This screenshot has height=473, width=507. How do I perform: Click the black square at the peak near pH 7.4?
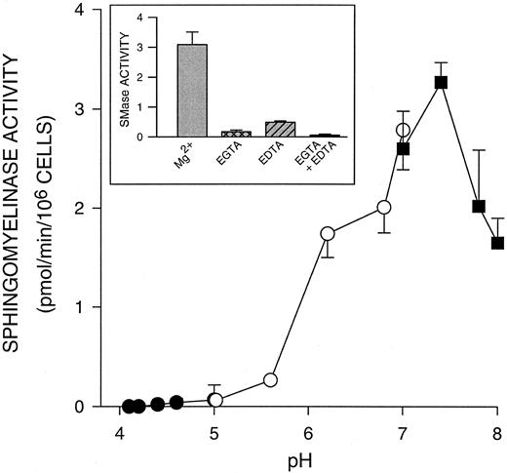(x=441, y=83)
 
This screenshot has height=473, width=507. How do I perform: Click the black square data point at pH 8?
(x=497, y=243)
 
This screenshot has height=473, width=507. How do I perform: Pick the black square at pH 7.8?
(x=479, y=207)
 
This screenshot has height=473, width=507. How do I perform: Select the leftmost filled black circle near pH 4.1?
(x=129, y=406)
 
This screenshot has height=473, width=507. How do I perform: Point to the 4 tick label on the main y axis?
(x=91, y=11)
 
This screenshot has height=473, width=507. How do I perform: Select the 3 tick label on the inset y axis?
(x=154, y=47)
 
